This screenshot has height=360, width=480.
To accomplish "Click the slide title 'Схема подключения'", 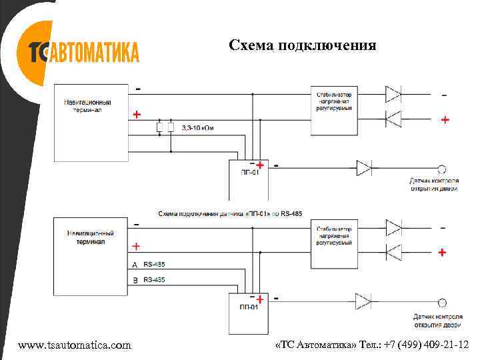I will [302, 45].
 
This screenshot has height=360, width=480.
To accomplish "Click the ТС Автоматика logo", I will [83, 52].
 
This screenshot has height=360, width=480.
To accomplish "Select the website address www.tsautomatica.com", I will [75, 345].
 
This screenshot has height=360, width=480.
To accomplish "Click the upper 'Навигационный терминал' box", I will [91, 122].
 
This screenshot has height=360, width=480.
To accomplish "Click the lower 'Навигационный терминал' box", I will [91, 255].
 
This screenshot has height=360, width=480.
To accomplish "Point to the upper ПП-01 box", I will [249, 180].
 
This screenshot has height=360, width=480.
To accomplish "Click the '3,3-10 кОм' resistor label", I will [199, 127].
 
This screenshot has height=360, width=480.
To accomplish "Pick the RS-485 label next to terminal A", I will [154, 265].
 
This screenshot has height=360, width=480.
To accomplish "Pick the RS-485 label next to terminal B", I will [154, 280].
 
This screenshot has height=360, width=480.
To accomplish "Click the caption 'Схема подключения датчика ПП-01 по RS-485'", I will [229, 213].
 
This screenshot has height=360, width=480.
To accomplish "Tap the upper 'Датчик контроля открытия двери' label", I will [434, 185].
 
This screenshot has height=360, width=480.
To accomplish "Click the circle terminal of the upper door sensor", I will [441, 168].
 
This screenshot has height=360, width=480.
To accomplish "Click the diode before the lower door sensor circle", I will [363, 302].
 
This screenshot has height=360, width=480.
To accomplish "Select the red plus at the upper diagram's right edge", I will [445, 120].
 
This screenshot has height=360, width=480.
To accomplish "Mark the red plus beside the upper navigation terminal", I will [137, 115].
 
